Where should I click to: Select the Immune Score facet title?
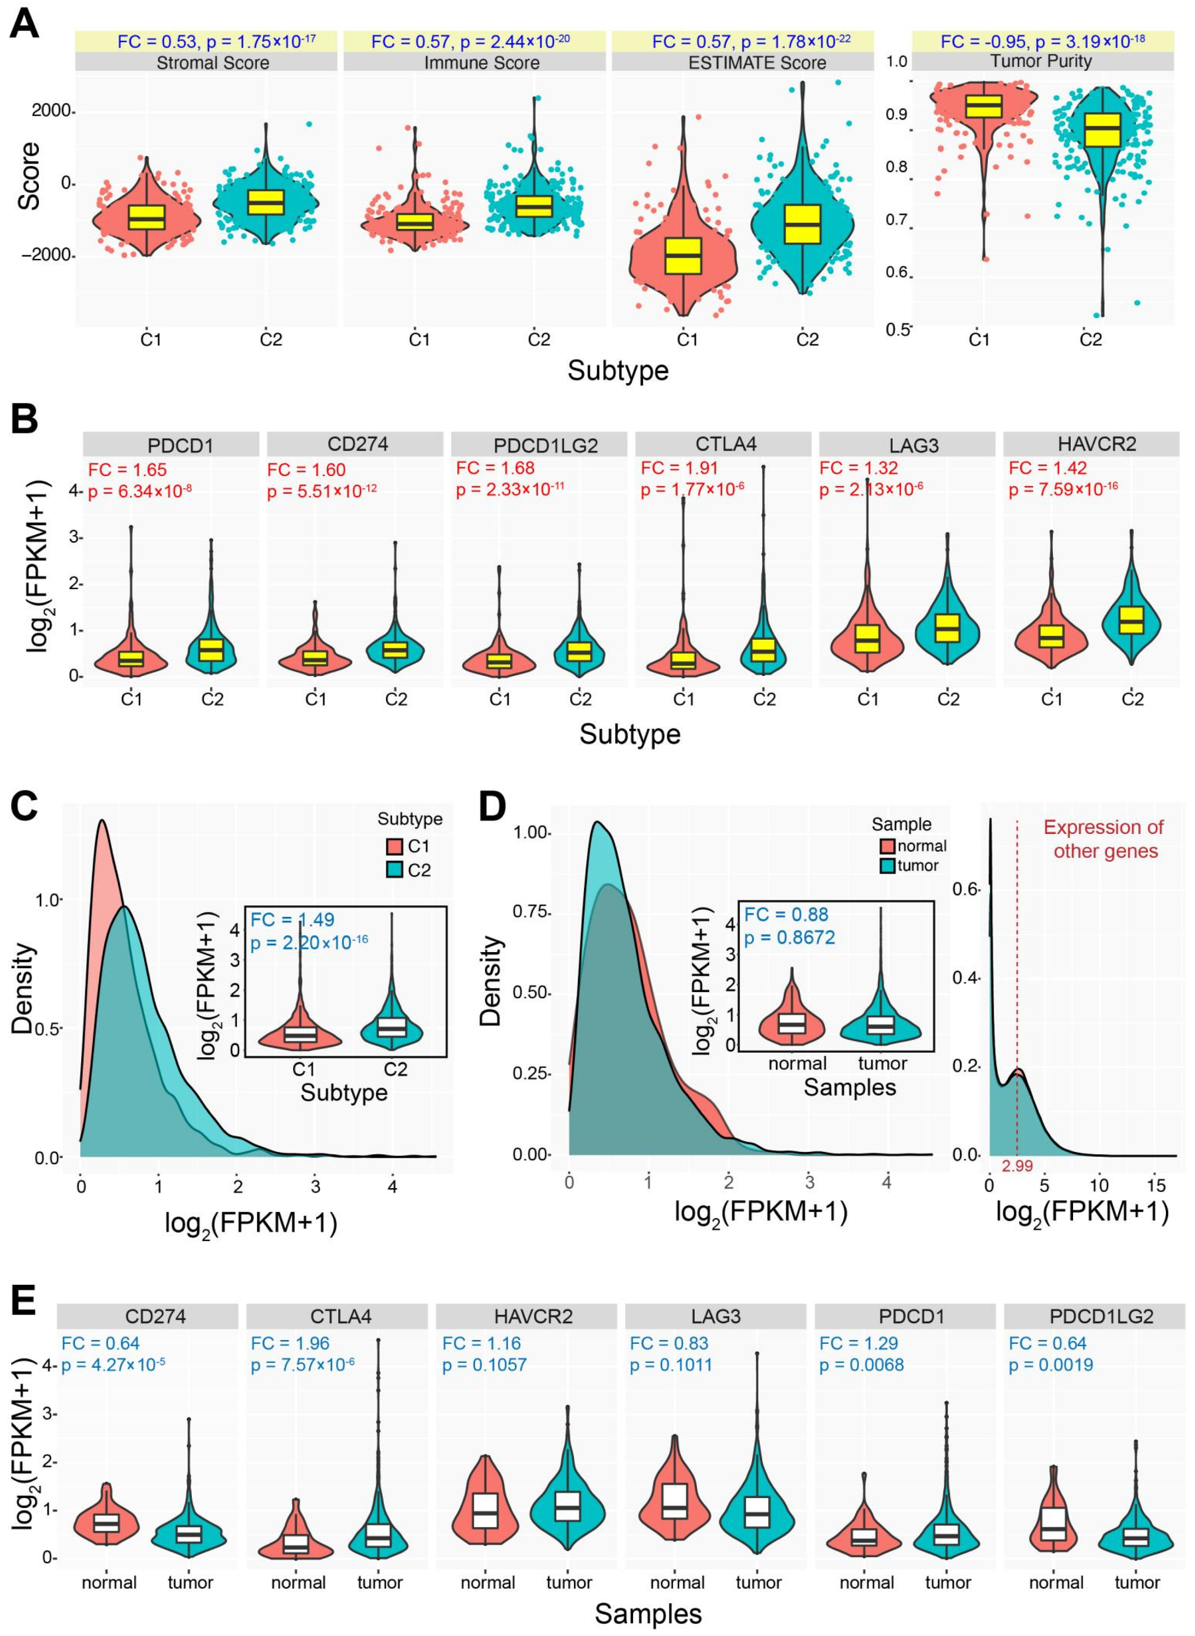point(481,63)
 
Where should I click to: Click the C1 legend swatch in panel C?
point(393,846)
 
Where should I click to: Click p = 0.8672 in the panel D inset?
point(789,937)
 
